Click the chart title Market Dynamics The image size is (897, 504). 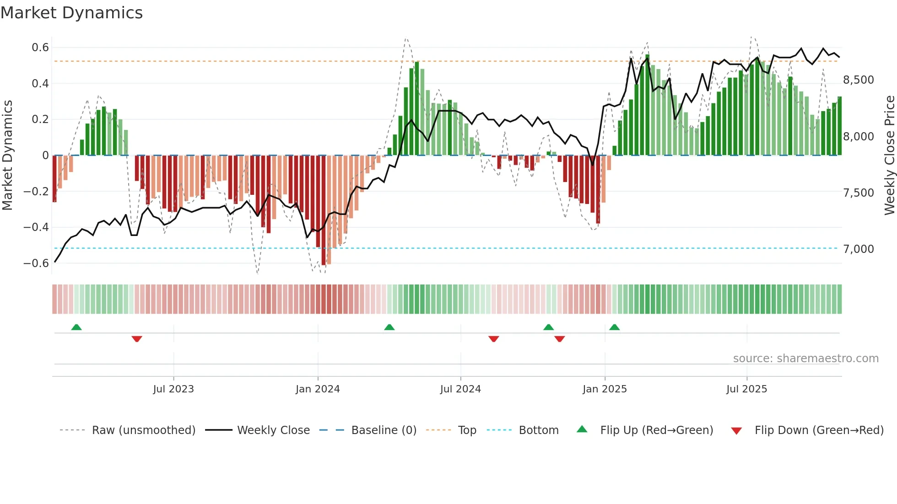click(71, 13)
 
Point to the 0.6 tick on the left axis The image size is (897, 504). click(40, 48)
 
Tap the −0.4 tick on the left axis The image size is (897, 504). click(36, 227)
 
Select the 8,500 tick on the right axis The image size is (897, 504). click(859, 80)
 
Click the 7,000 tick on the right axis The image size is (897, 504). click(859, 249)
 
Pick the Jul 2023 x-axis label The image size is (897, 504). click(173, 389)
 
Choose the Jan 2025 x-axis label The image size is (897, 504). click(605, 389)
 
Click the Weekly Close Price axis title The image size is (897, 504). click(889, 155)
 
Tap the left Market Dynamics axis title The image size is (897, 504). click(7, 155)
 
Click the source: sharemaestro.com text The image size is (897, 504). click(805, 359)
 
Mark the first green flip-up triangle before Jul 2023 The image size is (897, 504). click(76, 327)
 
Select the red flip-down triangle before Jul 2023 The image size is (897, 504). click(137, 339)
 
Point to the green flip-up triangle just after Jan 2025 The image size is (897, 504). click(615, 327)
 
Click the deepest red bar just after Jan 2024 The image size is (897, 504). click(324, 210)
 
